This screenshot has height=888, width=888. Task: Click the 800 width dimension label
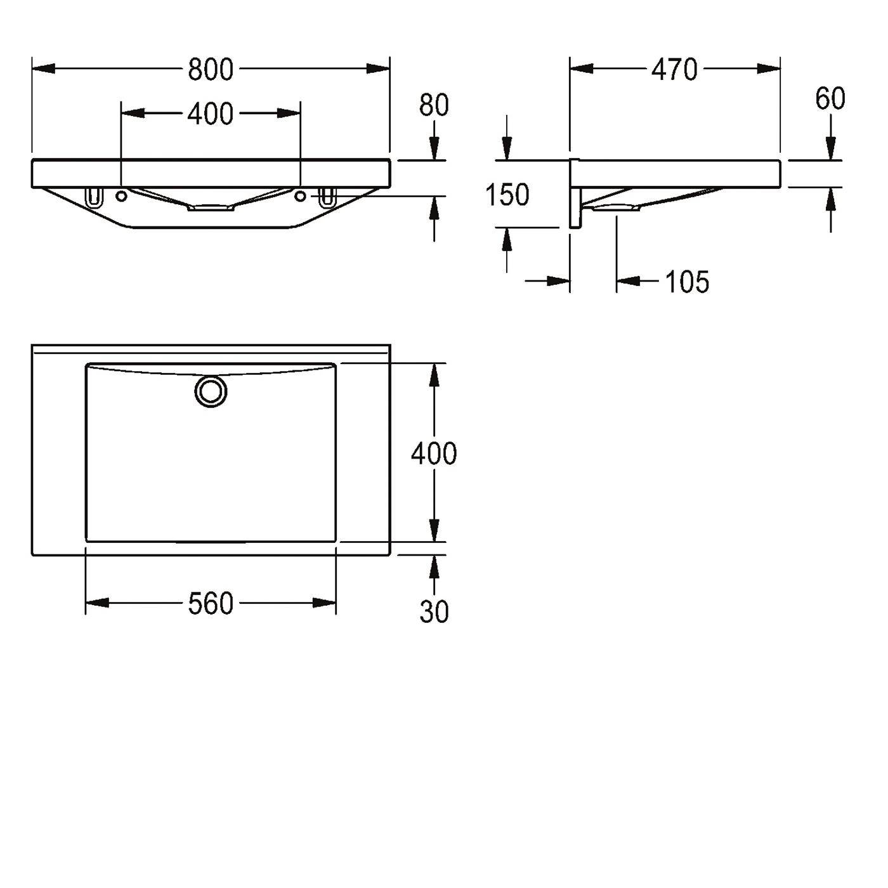[x=211, y=70]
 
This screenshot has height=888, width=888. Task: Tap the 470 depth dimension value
[x=674, y=70]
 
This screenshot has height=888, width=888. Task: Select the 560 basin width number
[x=211, y=604]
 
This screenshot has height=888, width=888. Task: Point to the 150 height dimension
[x=507, y=195]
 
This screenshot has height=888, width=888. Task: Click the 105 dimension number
[x=687, y=282]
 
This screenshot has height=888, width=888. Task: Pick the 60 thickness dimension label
[x=830, y=98]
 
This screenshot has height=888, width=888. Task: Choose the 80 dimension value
[x=434, y=105]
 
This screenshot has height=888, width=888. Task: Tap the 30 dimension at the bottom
[x=434, y=613]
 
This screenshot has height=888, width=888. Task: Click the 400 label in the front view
[x=210, y=114]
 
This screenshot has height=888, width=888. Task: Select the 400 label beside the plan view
[x=434, y=453]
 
